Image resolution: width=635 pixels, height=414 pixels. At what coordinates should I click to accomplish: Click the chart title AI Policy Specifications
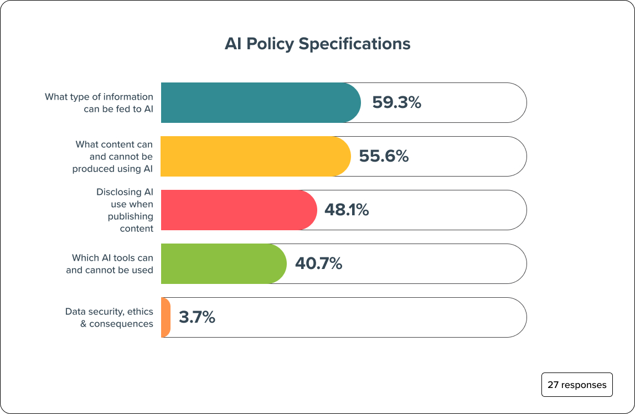317,44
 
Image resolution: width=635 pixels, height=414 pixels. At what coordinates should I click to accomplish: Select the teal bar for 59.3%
260,102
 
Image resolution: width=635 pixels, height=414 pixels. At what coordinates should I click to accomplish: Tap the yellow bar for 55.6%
255,156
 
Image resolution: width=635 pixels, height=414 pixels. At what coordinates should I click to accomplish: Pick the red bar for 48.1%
238,210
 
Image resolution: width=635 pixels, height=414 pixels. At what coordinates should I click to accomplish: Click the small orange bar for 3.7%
166,317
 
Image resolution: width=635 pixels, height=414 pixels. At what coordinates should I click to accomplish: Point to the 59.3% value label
396,102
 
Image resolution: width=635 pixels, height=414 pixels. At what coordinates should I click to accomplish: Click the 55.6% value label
384,156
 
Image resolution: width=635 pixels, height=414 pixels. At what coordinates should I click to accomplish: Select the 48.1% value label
347,210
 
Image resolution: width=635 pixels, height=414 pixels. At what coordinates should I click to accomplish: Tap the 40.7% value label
318,263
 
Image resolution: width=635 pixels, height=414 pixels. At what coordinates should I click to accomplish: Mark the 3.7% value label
197,317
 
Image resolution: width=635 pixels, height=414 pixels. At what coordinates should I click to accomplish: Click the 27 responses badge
577,385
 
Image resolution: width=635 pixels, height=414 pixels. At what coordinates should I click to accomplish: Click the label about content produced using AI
113,156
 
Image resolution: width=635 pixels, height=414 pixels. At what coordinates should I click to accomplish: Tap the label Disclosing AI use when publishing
125,210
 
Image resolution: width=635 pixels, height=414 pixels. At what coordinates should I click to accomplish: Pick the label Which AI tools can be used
110,263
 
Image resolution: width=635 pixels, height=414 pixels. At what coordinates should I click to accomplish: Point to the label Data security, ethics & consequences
109,317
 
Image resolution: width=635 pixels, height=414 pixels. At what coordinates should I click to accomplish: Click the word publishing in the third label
131,216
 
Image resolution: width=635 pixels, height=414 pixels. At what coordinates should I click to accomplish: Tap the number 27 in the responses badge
553,385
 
